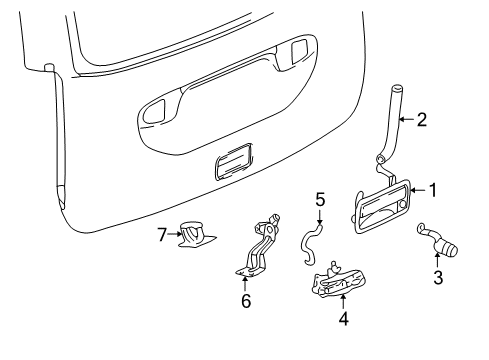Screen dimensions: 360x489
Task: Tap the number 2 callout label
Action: (421, 120)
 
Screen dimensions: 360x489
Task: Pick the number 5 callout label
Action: (320, 200)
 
